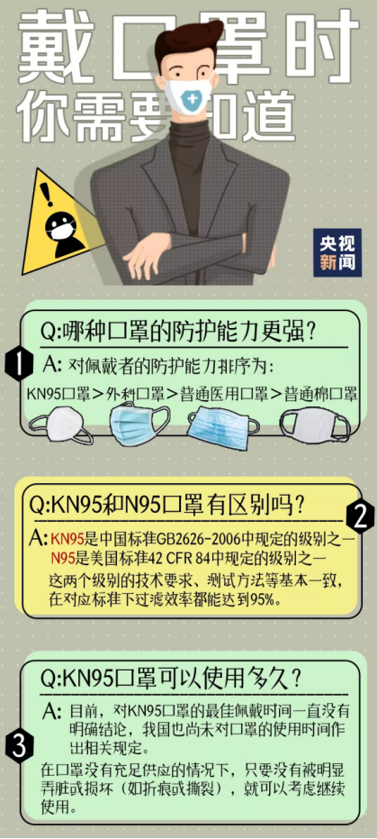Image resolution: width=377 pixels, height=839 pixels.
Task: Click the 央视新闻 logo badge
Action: tap(337, 252)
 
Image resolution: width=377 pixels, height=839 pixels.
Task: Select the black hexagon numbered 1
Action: tap(18, 366)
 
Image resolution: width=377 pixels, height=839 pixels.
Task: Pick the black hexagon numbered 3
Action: tap(18, 746)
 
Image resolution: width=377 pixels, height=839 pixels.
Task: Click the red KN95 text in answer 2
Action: tap(65, 538)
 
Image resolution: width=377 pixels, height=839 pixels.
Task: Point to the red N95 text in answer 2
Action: tap(62, 559)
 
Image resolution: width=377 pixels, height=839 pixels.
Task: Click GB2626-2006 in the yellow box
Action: tap(193, 538)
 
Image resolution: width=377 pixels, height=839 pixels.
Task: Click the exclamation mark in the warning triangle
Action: tap(49, 195)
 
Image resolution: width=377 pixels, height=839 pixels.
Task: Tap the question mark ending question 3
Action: tap(294, 679)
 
